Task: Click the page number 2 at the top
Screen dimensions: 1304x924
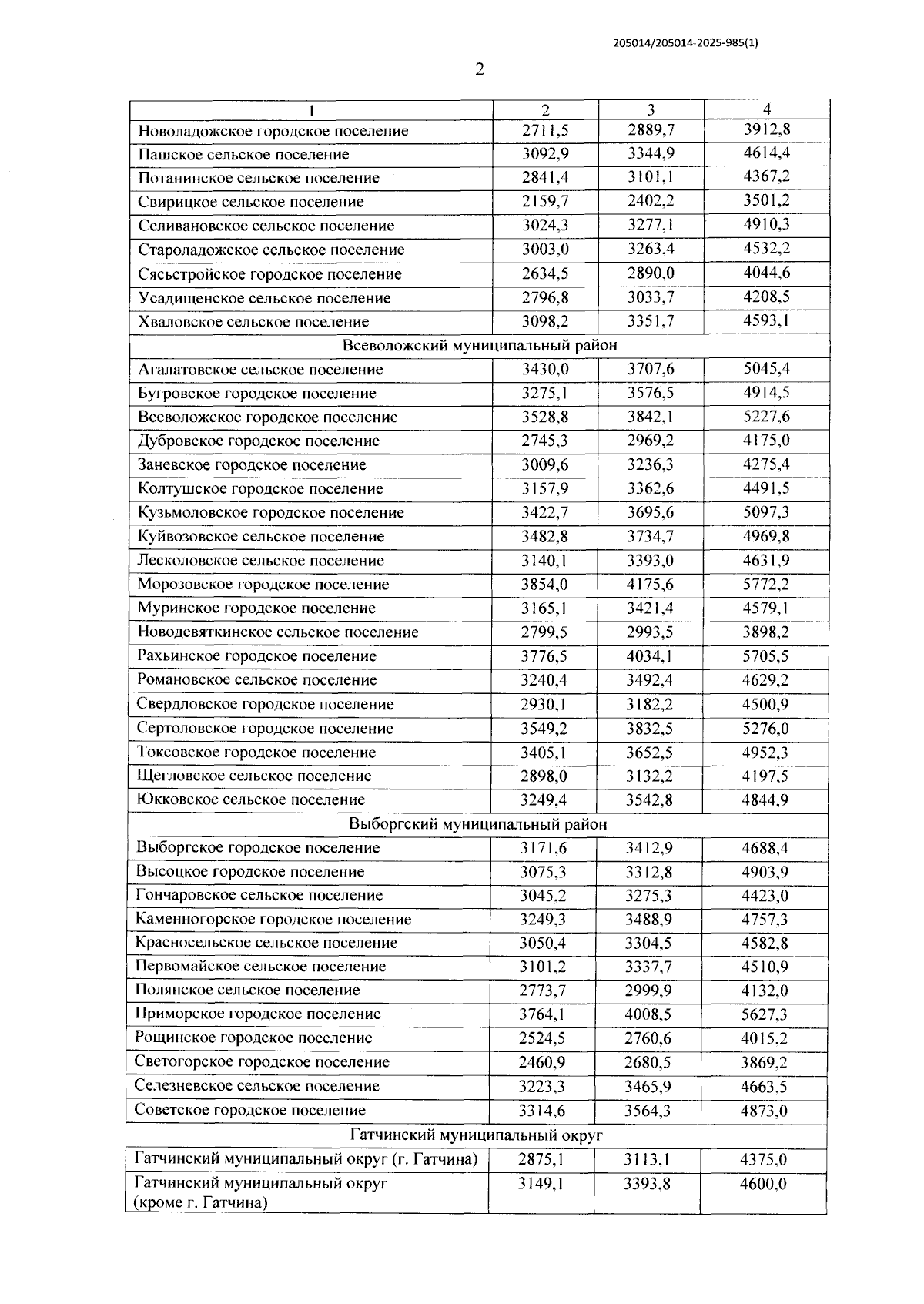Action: (480, 70)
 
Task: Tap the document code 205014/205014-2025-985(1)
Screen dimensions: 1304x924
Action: (685, 44)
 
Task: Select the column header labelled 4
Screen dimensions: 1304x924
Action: (766, 109)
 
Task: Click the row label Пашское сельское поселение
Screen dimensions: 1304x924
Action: (243, 154)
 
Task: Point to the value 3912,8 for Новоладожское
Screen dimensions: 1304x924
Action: (766, 129)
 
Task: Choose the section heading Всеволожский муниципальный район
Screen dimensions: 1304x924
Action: (479, 345)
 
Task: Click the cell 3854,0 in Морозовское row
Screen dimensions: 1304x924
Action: (544, 584)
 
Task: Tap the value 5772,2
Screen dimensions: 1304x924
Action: (765, 584)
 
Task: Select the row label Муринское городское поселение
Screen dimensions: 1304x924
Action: (256, 608)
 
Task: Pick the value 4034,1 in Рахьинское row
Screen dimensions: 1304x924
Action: (650, 656)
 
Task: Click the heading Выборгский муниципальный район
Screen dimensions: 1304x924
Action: (477, 824)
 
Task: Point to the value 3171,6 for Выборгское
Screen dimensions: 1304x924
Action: (543, 848)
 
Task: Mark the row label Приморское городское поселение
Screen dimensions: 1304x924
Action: (258, 1014)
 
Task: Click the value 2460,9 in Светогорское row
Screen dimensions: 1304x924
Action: (542, 1062)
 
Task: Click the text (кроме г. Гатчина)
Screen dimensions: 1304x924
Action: (200, 1202)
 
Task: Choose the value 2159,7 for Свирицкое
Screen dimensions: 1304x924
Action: (545, 201)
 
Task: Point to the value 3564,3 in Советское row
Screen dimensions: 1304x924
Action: (648, 1111)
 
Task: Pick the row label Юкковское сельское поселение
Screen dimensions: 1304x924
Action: (251, 799)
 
